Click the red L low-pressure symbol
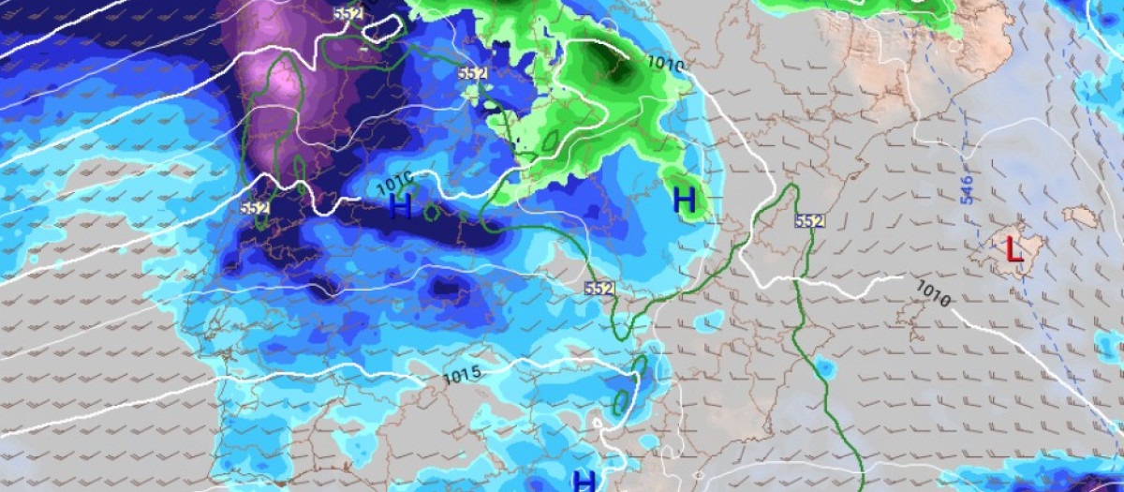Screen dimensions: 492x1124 1013,249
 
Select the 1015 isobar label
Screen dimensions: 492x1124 463,374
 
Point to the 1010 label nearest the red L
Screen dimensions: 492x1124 934,294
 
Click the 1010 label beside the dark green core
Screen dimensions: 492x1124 665,66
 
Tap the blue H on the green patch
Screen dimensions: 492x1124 685,199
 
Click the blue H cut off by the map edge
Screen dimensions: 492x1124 584,482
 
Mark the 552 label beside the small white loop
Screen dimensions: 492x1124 348,14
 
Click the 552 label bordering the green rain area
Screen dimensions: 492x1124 473,73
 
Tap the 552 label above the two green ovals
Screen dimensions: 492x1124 599,288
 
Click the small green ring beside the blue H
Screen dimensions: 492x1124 433,212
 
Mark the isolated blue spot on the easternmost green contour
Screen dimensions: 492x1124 824,366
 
